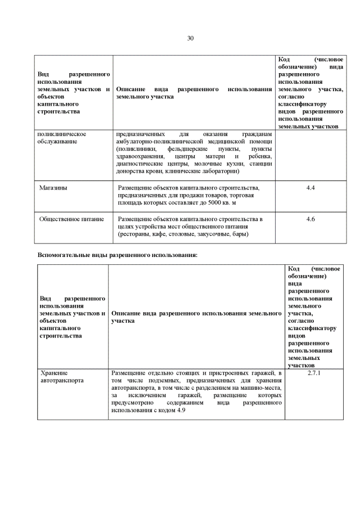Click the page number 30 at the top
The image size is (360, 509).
pyautogui.click(x=190, y=38)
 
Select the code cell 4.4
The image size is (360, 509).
pyautogui.click(x=310, y=187)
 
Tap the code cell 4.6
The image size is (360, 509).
pyautogui.click(x=310, y=219)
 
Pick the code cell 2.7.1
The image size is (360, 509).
pyautogui.click(x=314, y=372)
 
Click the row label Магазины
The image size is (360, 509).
pyautogui.click(x=53, y=187)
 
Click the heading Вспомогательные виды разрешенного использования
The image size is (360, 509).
pyautogui.click(x=117, y=255)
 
